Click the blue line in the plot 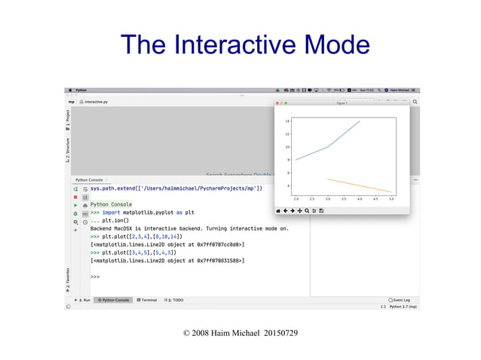pos(327,147)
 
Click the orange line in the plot pos(360,185)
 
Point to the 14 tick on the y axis pos(288,121)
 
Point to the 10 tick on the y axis pos(288,147)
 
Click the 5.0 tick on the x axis pos(391,200)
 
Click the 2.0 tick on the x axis pos(296,200)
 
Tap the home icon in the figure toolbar pos(279,210)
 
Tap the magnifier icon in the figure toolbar pos(307,210)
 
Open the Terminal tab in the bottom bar pos(144,300)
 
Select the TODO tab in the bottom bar pos(174,300)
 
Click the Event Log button pos(399,300)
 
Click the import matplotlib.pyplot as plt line pos(142,212)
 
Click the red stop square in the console pos(75,196)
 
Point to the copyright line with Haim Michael pos(240,332)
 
